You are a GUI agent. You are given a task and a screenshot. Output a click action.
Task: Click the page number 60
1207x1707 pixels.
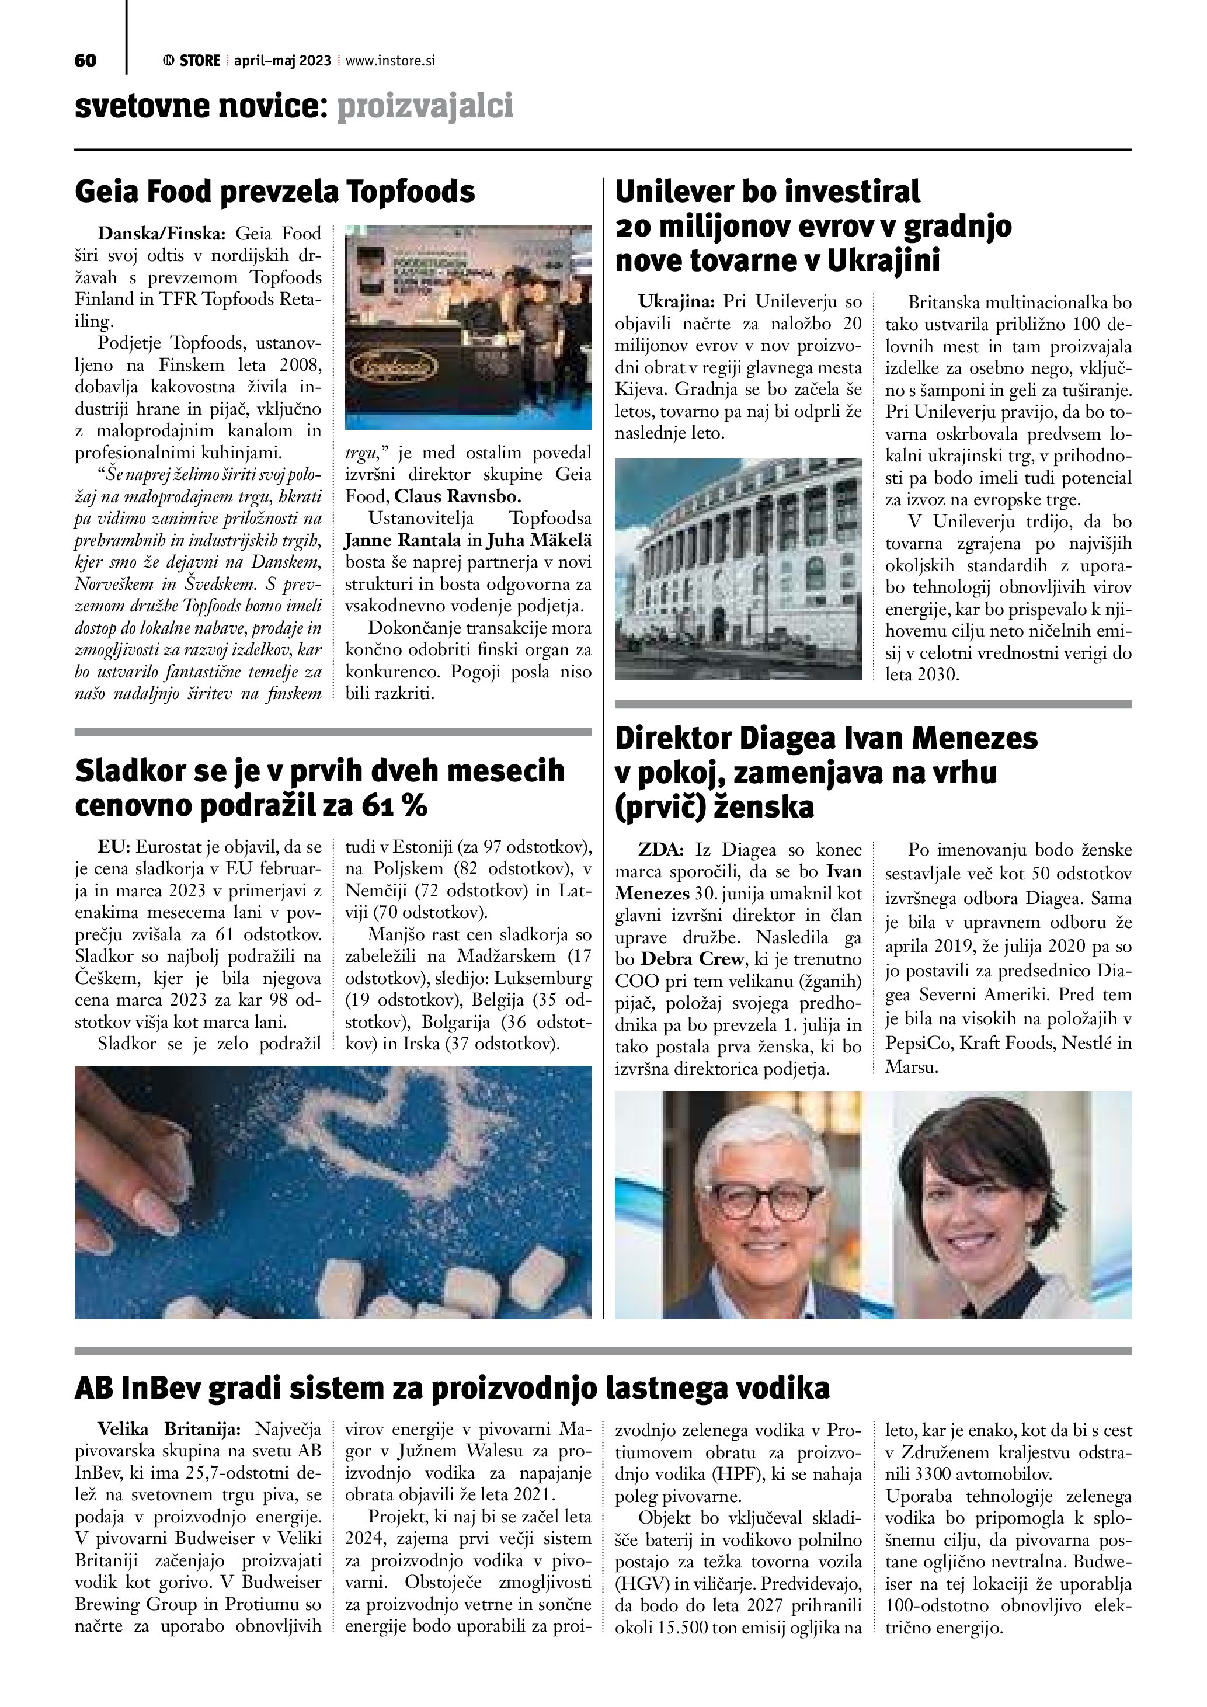coord(85,61)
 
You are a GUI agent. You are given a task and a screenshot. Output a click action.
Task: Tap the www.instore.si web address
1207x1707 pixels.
coord(390,61)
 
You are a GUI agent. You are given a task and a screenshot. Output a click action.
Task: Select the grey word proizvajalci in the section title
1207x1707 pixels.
coord(425,107)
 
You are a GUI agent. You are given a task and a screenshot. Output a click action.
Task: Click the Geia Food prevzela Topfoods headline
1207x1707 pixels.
coord(275,192)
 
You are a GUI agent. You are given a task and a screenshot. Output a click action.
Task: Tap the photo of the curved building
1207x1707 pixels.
coord(738,569)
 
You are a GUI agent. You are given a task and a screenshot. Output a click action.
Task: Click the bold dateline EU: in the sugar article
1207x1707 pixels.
coord(114,847)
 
